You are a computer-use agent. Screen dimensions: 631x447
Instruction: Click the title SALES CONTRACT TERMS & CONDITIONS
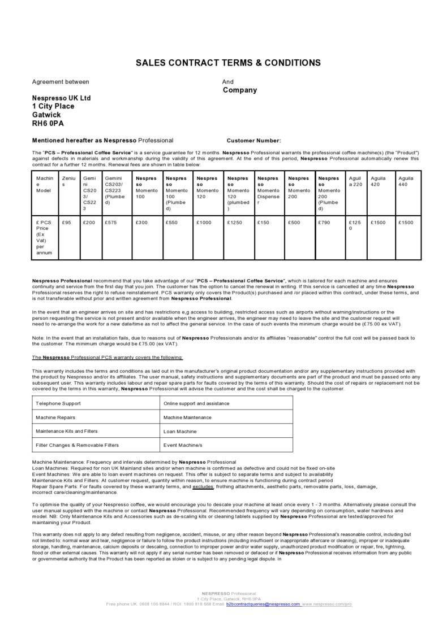click(228, 63)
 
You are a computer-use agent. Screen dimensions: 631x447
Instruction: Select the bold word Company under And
click(239, 90)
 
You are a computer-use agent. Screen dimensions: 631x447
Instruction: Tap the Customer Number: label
click(253, 141)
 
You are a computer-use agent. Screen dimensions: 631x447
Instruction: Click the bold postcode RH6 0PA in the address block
click(48, 123)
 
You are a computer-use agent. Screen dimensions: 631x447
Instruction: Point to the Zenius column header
click(68, 181)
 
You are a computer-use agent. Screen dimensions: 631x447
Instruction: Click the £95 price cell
click(67, 223)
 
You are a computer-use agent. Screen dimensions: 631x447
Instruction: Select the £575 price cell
click(111, 223)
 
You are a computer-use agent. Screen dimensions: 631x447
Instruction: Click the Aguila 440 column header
click(406, 181)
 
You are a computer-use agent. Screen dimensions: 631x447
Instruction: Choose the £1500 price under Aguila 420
click(378, 223)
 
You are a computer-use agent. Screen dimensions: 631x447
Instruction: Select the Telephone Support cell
click(58, 403)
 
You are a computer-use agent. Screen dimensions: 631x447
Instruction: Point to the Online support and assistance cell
click(196, 403)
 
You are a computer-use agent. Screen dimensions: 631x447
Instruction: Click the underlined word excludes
click(203, 486)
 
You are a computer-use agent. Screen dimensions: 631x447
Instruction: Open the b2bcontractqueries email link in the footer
click(263, 604)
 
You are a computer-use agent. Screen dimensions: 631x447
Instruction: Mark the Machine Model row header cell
click(45, 185)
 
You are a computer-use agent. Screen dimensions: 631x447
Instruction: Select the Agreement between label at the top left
click(61, 82)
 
